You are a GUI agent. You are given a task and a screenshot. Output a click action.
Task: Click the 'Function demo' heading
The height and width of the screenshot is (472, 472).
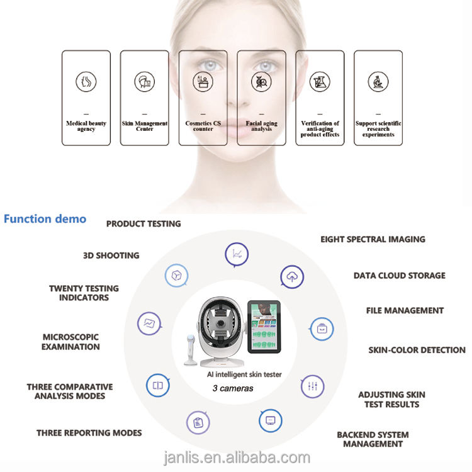45,219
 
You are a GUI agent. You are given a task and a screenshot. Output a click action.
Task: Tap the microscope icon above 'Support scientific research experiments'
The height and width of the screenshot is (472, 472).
378,82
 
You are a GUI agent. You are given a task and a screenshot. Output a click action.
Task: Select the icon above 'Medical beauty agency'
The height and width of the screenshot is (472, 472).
86,82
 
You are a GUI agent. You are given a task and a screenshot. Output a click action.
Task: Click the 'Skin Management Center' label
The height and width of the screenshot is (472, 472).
145,126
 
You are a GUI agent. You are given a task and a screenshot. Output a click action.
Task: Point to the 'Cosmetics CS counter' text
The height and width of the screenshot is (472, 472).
203,126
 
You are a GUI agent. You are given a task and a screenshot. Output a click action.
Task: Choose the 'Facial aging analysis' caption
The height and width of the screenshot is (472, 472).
261,126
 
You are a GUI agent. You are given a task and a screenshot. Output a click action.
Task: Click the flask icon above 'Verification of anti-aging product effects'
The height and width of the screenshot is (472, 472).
320,82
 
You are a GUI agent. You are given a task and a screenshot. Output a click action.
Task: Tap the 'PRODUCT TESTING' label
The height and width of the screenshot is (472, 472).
143,223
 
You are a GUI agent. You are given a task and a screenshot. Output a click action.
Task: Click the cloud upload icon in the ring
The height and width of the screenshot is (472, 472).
292,277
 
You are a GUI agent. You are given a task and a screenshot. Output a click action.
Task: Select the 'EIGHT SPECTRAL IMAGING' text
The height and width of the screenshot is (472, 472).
373,239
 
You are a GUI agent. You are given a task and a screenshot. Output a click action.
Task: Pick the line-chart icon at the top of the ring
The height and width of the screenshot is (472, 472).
237,255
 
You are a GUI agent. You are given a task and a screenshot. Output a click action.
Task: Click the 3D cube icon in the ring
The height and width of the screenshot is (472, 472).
177,276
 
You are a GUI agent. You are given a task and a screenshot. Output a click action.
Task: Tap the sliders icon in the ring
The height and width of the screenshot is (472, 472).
313,386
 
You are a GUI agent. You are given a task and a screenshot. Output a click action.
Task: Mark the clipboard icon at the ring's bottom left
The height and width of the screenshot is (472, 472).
198,423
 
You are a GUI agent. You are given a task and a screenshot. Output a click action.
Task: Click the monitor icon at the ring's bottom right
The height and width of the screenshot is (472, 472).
271,420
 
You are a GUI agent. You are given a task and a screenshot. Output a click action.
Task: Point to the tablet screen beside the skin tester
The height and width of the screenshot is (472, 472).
264,327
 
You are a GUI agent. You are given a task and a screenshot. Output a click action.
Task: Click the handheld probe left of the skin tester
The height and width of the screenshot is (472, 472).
191,350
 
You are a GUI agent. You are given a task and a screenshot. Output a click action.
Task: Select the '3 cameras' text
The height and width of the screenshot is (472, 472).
233,388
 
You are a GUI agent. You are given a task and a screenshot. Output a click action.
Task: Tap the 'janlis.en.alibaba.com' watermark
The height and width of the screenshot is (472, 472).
237,458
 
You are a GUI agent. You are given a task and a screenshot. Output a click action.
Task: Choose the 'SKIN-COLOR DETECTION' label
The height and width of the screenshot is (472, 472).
417,350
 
